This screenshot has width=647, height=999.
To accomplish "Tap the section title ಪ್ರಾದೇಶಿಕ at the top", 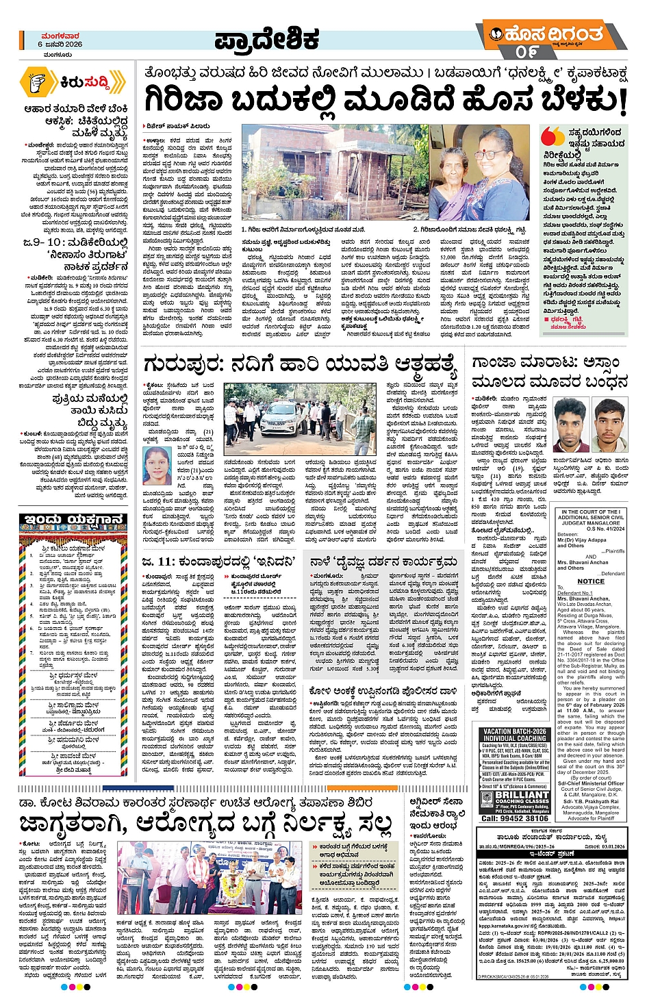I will pyautogui.click(x=267, y=40).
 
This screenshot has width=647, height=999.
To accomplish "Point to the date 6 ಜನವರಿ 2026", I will pyautogui.click(x=60, y=44).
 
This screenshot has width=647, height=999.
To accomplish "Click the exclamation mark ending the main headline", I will pyautogui.click(x=622, y=101).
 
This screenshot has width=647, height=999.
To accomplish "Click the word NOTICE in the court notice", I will pyautogui.click(x=590, y=581).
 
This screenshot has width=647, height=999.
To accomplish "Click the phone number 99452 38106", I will pyautogui.click(x=515, y=818).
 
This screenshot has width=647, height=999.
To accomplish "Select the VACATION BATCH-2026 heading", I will pyautogui.click(x=516, y=731).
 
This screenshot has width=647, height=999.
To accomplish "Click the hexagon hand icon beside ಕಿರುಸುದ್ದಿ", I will pyautogui.click(x=36, y=82).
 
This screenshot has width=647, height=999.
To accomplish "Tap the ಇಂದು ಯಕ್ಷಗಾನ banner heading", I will pyautogui.click(x=74, y=520).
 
